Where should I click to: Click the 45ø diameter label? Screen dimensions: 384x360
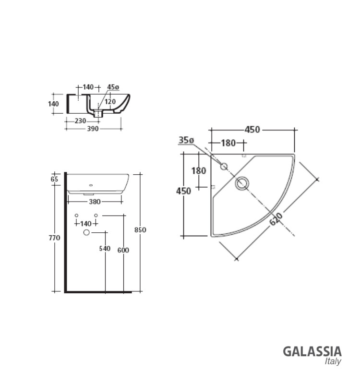(x=113, y=87)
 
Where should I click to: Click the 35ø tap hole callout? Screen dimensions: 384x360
(x=186, y=140)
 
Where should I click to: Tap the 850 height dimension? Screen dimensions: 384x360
(x=140, y=230)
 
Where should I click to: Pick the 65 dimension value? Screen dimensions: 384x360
(x=54, y=179)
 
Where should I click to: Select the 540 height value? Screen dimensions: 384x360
(x=105, y=248)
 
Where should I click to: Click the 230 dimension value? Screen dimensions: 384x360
(x=80, y=121)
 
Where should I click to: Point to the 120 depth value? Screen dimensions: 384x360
(x=110, y=101)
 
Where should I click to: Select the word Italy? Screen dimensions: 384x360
(x=333, y=361)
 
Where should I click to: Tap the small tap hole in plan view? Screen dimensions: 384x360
(x=224, y=167)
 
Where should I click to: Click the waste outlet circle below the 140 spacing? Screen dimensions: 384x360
(x=86, y=233)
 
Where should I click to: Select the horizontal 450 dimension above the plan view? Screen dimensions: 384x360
(x=252, y=130)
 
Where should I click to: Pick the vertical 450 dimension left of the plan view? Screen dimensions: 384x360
(x=184, y=191)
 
